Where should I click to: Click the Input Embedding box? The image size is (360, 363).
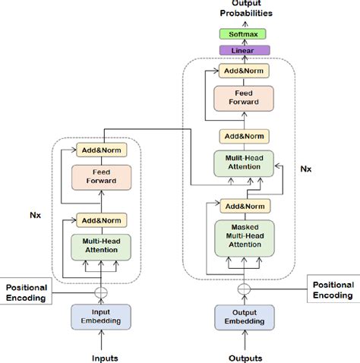point(101,315)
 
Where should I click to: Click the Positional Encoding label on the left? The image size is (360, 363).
point(28,292)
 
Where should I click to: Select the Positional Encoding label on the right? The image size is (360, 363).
point(332,289)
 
